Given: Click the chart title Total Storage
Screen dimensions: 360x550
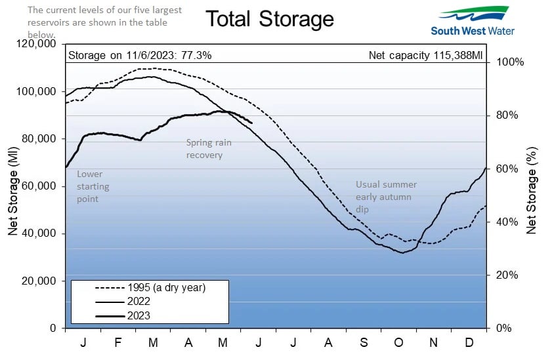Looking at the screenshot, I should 269,18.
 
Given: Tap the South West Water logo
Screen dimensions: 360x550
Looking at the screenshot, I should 473,21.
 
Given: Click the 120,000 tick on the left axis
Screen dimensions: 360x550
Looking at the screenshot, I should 37,44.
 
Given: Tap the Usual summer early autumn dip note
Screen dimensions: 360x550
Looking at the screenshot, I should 386,197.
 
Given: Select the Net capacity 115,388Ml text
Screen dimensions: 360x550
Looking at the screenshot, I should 425,55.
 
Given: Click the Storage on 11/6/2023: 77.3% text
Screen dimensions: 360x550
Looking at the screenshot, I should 140,55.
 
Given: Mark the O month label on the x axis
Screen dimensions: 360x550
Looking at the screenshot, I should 399,342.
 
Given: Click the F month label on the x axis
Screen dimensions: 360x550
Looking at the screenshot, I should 117,342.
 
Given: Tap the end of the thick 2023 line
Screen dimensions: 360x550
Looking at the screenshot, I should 252,123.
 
